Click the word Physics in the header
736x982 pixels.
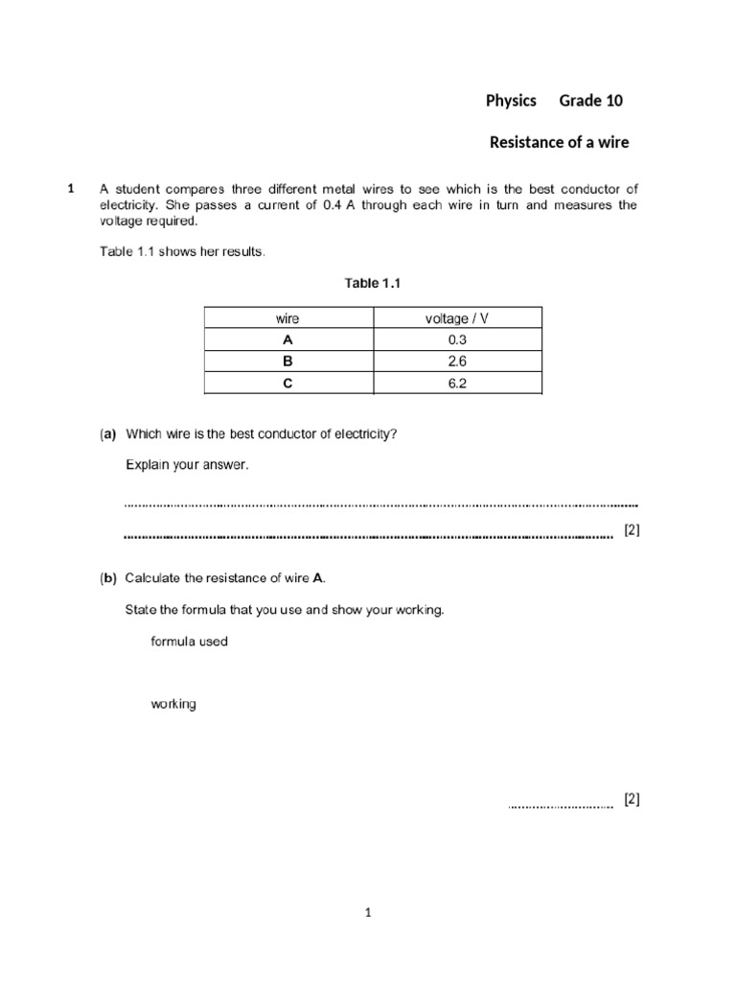(511, 102)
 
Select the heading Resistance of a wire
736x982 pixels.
(560, 144)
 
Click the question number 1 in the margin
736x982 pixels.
(71, 190)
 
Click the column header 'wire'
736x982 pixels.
(287, 318)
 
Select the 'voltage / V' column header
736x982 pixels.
(456, 318)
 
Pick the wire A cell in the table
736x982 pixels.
(287, 340)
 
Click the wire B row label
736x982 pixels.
(287, 362)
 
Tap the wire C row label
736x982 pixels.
(287, 384)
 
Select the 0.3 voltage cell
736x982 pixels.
(456, 340)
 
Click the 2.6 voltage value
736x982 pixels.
(456, 362)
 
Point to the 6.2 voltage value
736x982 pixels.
(456, 384)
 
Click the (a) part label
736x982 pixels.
(107, 433)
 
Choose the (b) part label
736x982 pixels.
(107, 578)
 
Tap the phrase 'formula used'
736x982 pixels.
(189, 642)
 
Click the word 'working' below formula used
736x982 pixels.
(173, 704)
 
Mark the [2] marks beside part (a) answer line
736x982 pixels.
(631, 530)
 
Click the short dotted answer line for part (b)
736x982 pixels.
(560, 807)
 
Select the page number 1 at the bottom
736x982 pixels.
(368, 914)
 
